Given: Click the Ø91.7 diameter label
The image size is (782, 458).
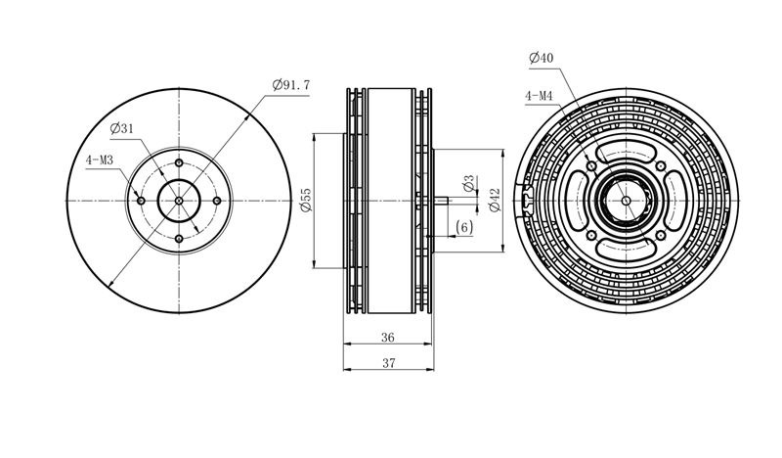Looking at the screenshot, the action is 291,85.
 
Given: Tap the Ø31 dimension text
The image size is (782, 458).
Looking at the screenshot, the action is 122,129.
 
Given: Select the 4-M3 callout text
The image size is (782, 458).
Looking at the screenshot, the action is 100,160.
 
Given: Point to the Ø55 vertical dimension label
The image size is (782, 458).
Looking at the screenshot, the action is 306,200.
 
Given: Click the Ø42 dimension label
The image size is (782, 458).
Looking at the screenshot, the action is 495,200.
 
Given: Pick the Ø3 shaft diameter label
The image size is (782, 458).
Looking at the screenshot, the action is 468,183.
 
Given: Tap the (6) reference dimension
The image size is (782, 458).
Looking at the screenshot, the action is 464,228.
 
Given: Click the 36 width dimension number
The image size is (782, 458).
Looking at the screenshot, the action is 387,338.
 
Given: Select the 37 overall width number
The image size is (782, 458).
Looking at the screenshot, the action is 388,363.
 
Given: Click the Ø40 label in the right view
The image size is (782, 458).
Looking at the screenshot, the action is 542,58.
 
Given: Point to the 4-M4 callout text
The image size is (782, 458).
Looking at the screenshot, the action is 539,96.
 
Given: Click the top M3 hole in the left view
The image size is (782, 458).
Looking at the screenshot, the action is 179,162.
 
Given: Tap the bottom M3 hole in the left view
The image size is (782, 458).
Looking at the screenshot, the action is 179,239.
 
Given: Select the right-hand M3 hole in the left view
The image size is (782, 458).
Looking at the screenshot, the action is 217,201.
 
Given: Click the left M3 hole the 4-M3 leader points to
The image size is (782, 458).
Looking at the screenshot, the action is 141,201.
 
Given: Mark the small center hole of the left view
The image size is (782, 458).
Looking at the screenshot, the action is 179,201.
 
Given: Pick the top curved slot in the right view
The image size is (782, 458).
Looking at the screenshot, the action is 627,152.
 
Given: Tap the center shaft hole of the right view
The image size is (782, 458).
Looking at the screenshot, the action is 627,201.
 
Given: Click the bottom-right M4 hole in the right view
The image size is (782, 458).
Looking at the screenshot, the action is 661,235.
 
